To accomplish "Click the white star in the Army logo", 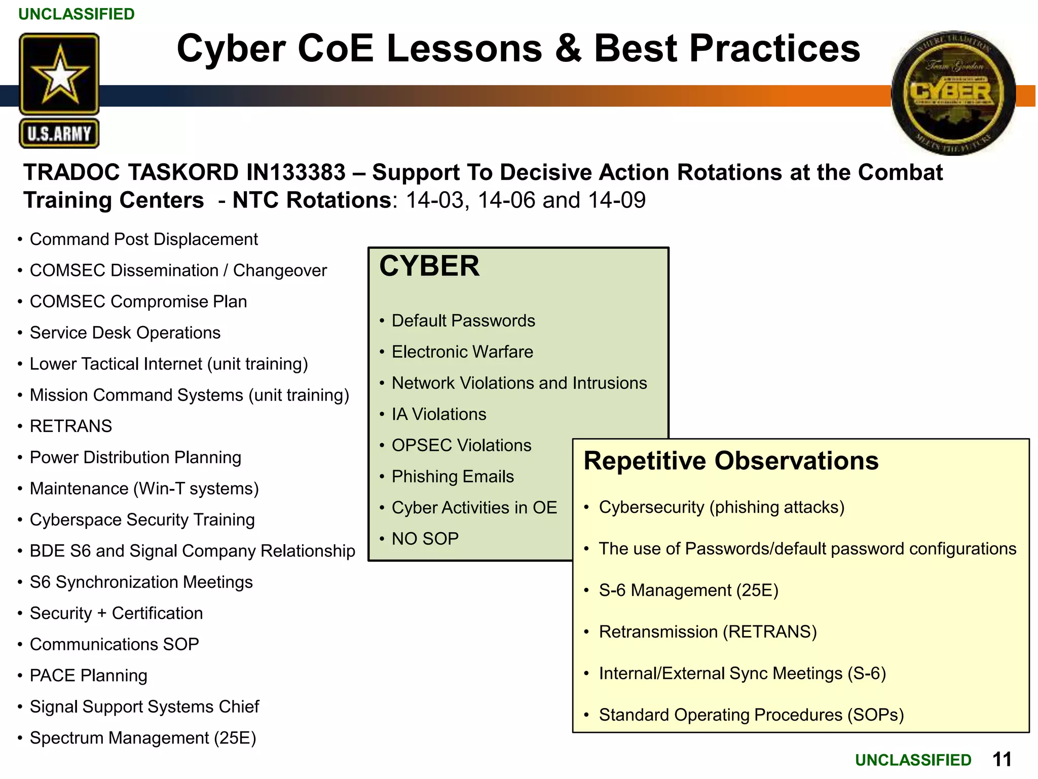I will point(59,75).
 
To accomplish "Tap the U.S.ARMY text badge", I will point(59,134).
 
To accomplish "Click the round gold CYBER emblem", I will point(953,92).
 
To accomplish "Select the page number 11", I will point(1002,759).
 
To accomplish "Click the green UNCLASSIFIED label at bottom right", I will point(913,760).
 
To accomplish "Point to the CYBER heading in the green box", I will point(429,266).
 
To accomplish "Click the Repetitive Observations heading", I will point(731,461).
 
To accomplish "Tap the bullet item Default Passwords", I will point(463,321).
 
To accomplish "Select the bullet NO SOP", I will point(425,539).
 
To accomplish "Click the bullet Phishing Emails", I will point(453,476).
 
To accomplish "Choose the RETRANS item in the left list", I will point(71,426).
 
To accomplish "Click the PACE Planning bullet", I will point(88,676).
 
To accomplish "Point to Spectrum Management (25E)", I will point(143,738).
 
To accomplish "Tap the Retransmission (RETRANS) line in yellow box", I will point(708,632).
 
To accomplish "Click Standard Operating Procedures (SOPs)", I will point(751,715).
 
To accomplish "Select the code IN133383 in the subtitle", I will point(295,172).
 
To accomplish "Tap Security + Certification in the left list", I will point(116,613).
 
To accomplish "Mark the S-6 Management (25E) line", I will point(688,590).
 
